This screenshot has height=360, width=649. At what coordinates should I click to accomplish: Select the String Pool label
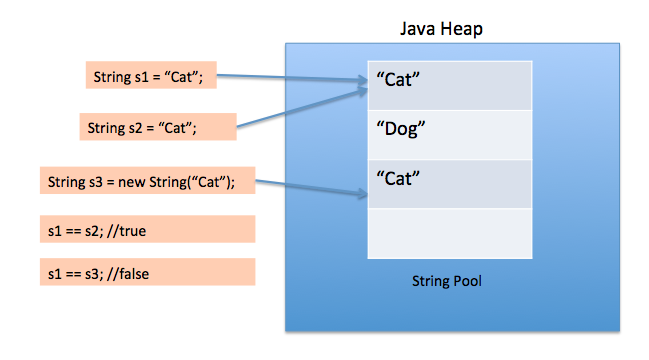click(447, 281)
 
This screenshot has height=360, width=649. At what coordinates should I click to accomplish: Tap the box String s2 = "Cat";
click(157, 127)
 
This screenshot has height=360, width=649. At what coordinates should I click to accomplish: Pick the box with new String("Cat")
click(148, 183)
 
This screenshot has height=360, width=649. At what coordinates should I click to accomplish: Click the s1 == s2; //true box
click(148, 230)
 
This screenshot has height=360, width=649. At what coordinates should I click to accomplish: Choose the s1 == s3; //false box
click(148, 273)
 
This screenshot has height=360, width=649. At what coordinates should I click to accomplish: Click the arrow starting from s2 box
click(300, 108)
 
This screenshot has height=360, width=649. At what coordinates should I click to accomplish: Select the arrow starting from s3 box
click(310, 190)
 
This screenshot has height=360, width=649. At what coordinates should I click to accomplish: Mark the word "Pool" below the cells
click(464, 281)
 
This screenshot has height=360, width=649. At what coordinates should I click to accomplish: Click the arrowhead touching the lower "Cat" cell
click(361, 197)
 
